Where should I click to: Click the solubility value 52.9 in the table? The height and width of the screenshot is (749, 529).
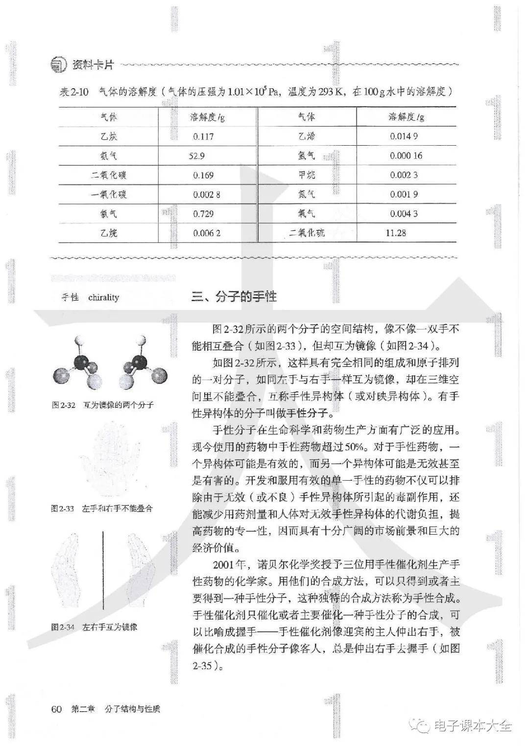point(196,156)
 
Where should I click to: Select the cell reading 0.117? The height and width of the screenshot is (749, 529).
point(203,136)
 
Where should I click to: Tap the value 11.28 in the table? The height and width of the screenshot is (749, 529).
point(396,233)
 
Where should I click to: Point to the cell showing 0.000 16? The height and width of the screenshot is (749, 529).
point(406,156)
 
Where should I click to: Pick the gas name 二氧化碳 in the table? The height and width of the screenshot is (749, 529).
point(109,175)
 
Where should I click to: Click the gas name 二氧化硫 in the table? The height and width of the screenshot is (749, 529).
point(307,233)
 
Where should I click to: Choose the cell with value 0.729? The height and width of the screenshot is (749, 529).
point(203,214)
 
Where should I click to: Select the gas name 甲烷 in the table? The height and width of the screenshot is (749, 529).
point(307,175)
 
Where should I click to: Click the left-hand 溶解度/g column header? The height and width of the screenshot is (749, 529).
point(207,117)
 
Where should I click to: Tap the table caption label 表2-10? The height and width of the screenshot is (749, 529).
point(74,92)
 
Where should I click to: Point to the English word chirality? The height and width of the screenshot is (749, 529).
point(104,297)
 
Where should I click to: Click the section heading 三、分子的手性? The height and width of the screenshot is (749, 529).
point(234,296)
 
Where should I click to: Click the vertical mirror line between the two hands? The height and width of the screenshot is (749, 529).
point(103,569)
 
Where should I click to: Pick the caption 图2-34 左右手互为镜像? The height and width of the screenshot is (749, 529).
point(95,627)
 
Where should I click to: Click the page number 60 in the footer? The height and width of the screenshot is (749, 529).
point(56,709)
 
